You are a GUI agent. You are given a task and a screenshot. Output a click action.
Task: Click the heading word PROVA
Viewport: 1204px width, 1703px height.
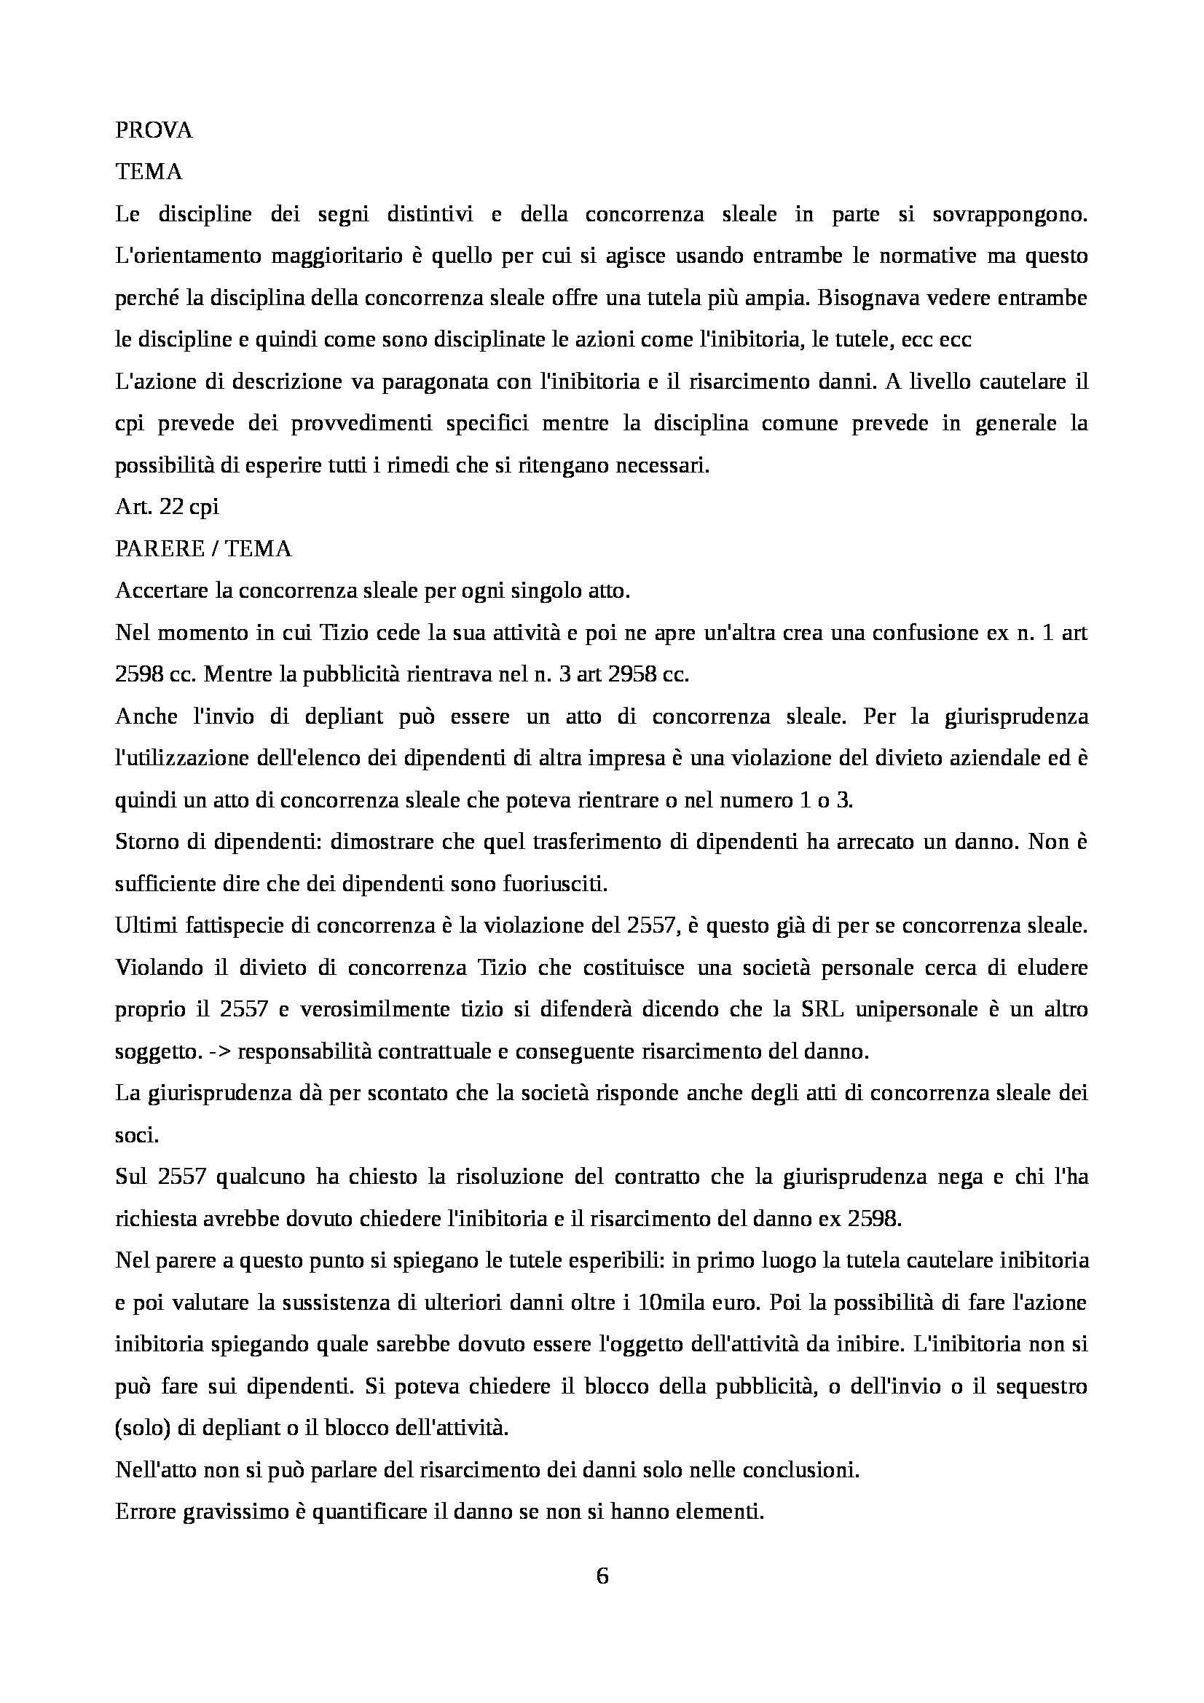tap(154, 130)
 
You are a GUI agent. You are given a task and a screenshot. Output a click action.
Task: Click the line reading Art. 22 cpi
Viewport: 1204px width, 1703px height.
tap(167, 508)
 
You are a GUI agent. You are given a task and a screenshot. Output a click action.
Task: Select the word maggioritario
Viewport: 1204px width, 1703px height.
tap(328, 256)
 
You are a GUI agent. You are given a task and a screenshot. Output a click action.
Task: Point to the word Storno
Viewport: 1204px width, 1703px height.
tap(145, 843)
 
